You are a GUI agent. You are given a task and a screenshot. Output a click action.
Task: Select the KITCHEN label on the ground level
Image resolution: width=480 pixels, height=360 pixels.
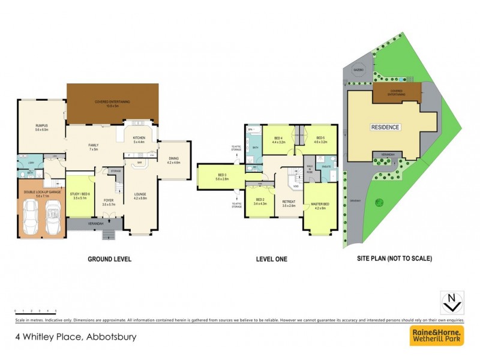(139, 139)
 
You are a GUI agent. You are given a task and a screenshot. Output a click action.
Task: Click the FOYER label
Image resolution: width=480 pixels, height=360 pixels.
(109, 202)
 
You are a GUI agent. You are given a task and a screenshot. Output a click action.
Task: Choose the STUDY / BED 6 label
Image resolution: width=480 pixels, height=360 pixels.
(80, 194)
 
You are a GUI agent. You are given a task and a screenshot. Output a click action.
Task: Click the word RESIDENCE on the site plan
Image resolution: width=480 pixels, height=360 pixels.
(385, 127)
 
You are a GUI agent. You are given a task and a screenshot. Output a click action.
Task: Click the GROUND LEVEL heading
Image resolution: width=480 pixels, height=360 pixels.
(109, 259)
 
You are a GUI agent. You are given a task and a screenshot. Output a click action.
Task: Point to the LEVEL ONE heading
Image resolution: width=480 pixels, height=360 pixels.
(272, 259)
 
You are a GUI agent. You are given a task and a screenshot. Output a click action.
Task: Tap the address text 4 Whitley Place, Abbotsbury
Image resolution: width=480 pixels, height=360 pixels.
(75, 337)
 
